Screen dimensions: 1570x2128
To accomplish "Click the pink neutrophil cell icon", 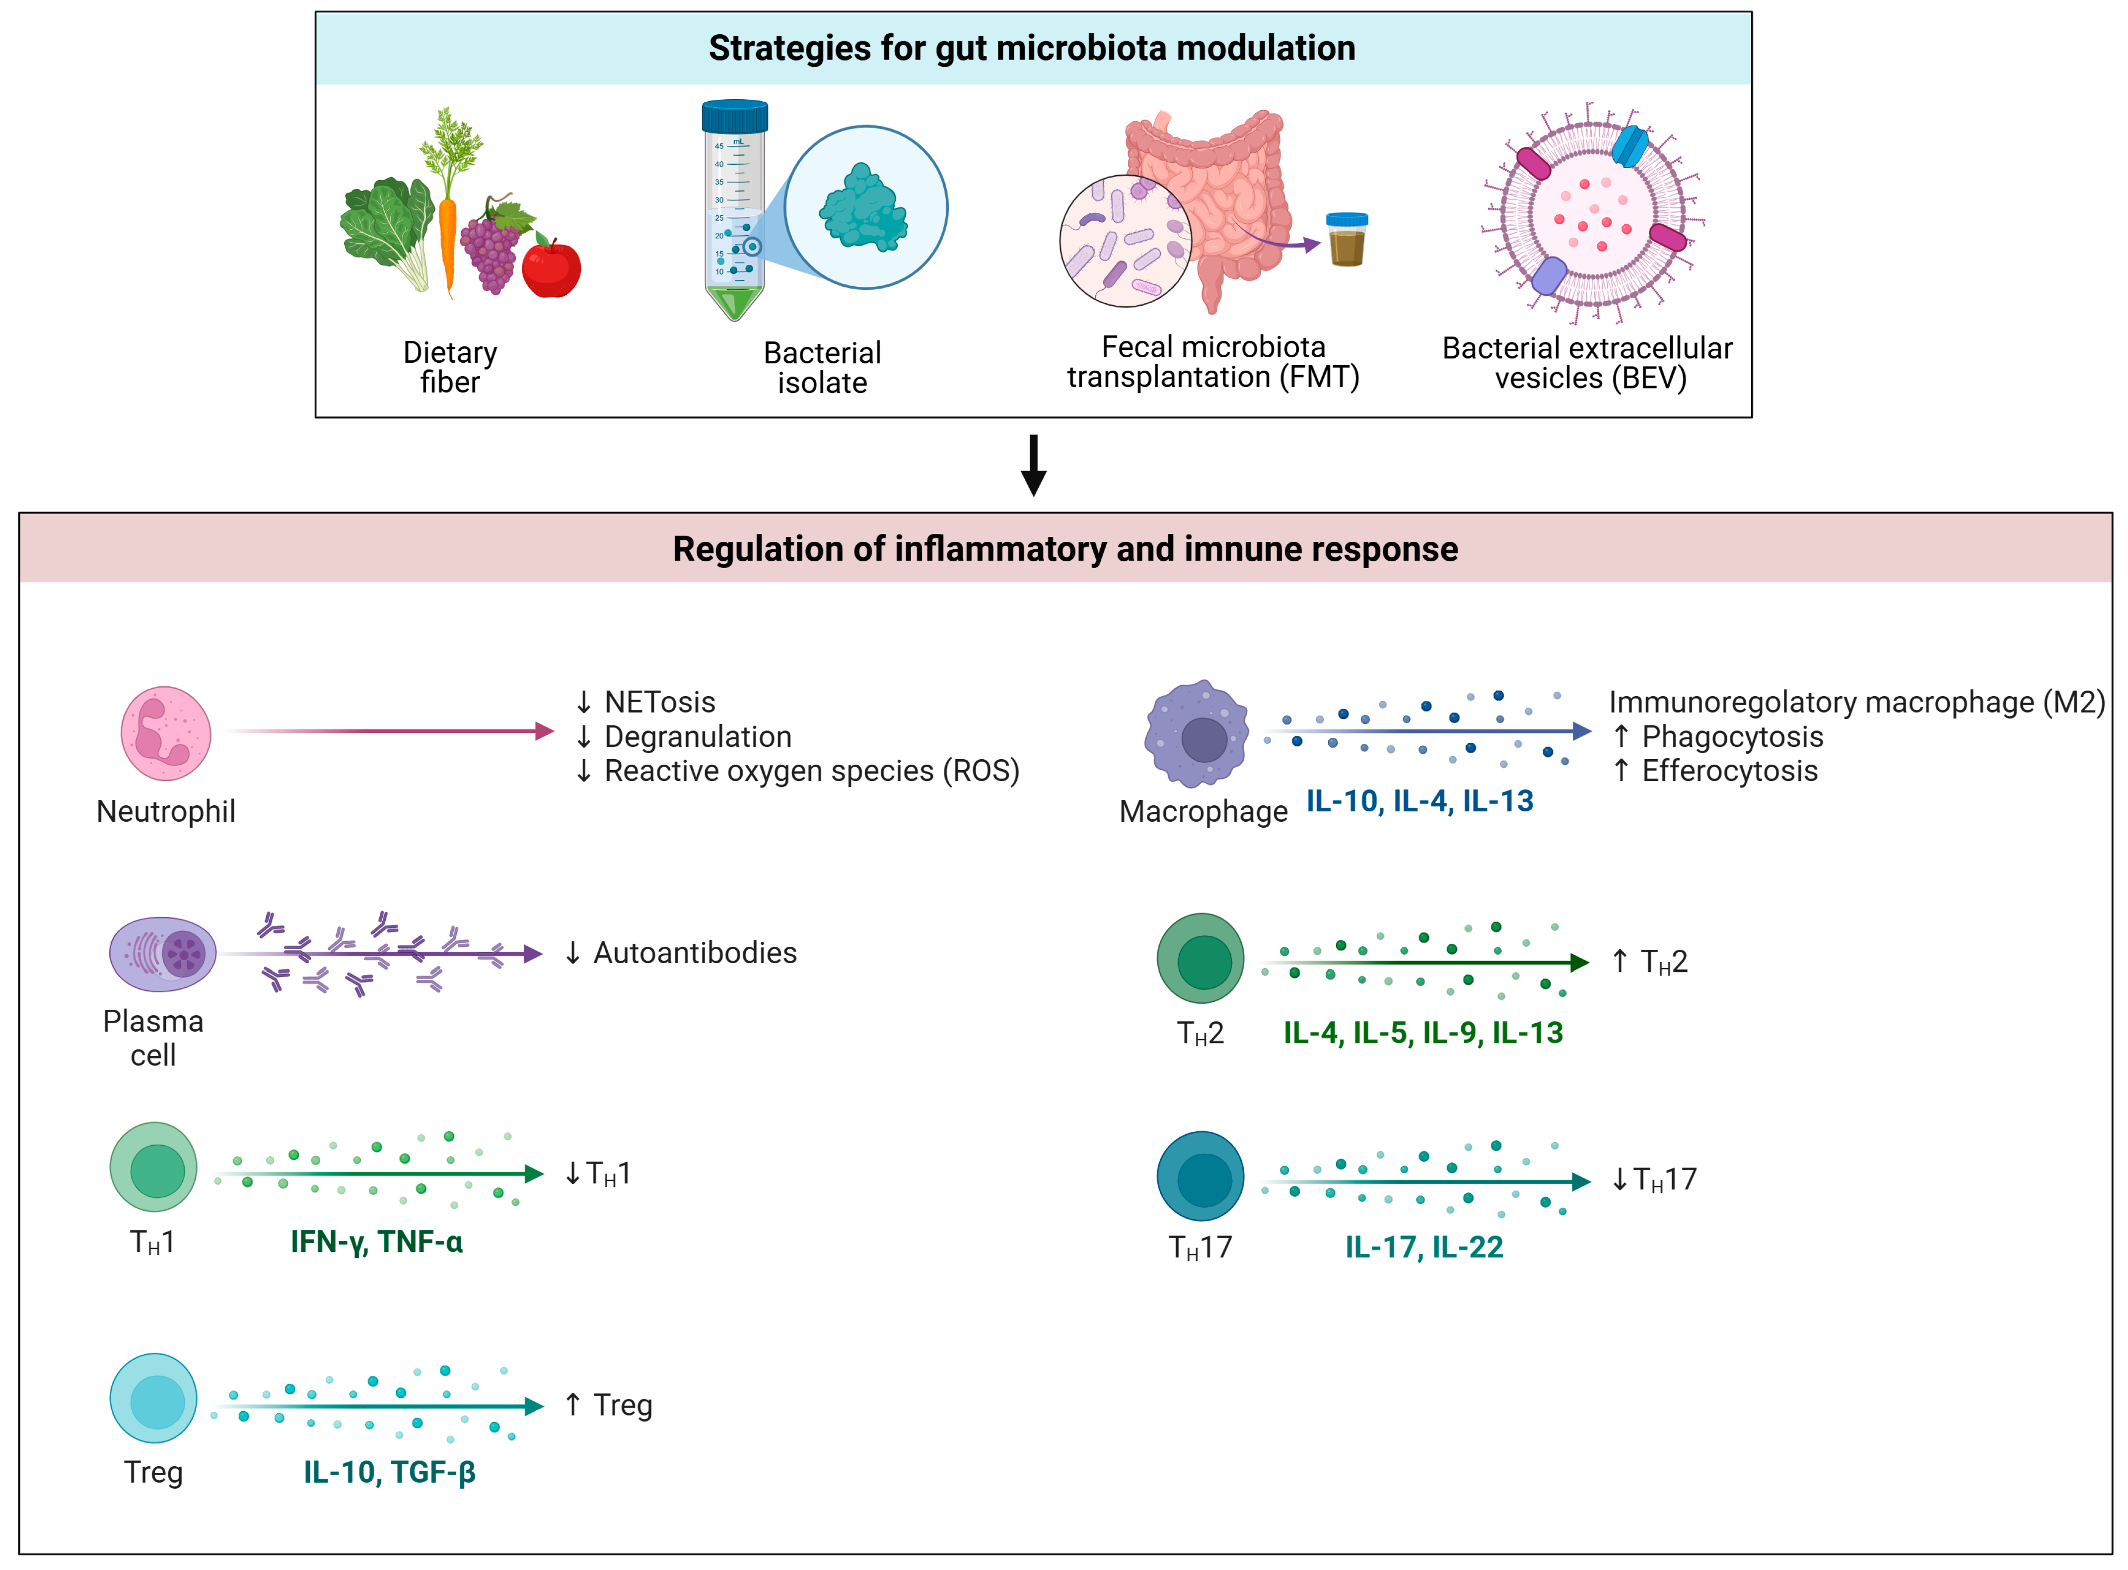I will click(165, 734).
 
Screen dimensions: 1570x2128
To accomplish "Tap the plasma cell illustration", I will click(162, 954).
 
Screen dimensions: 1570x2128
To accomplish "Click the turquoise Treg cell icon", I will click(153, 1398).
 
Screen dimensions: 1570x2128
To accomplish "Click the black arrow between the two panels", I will click(1034, 465).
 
